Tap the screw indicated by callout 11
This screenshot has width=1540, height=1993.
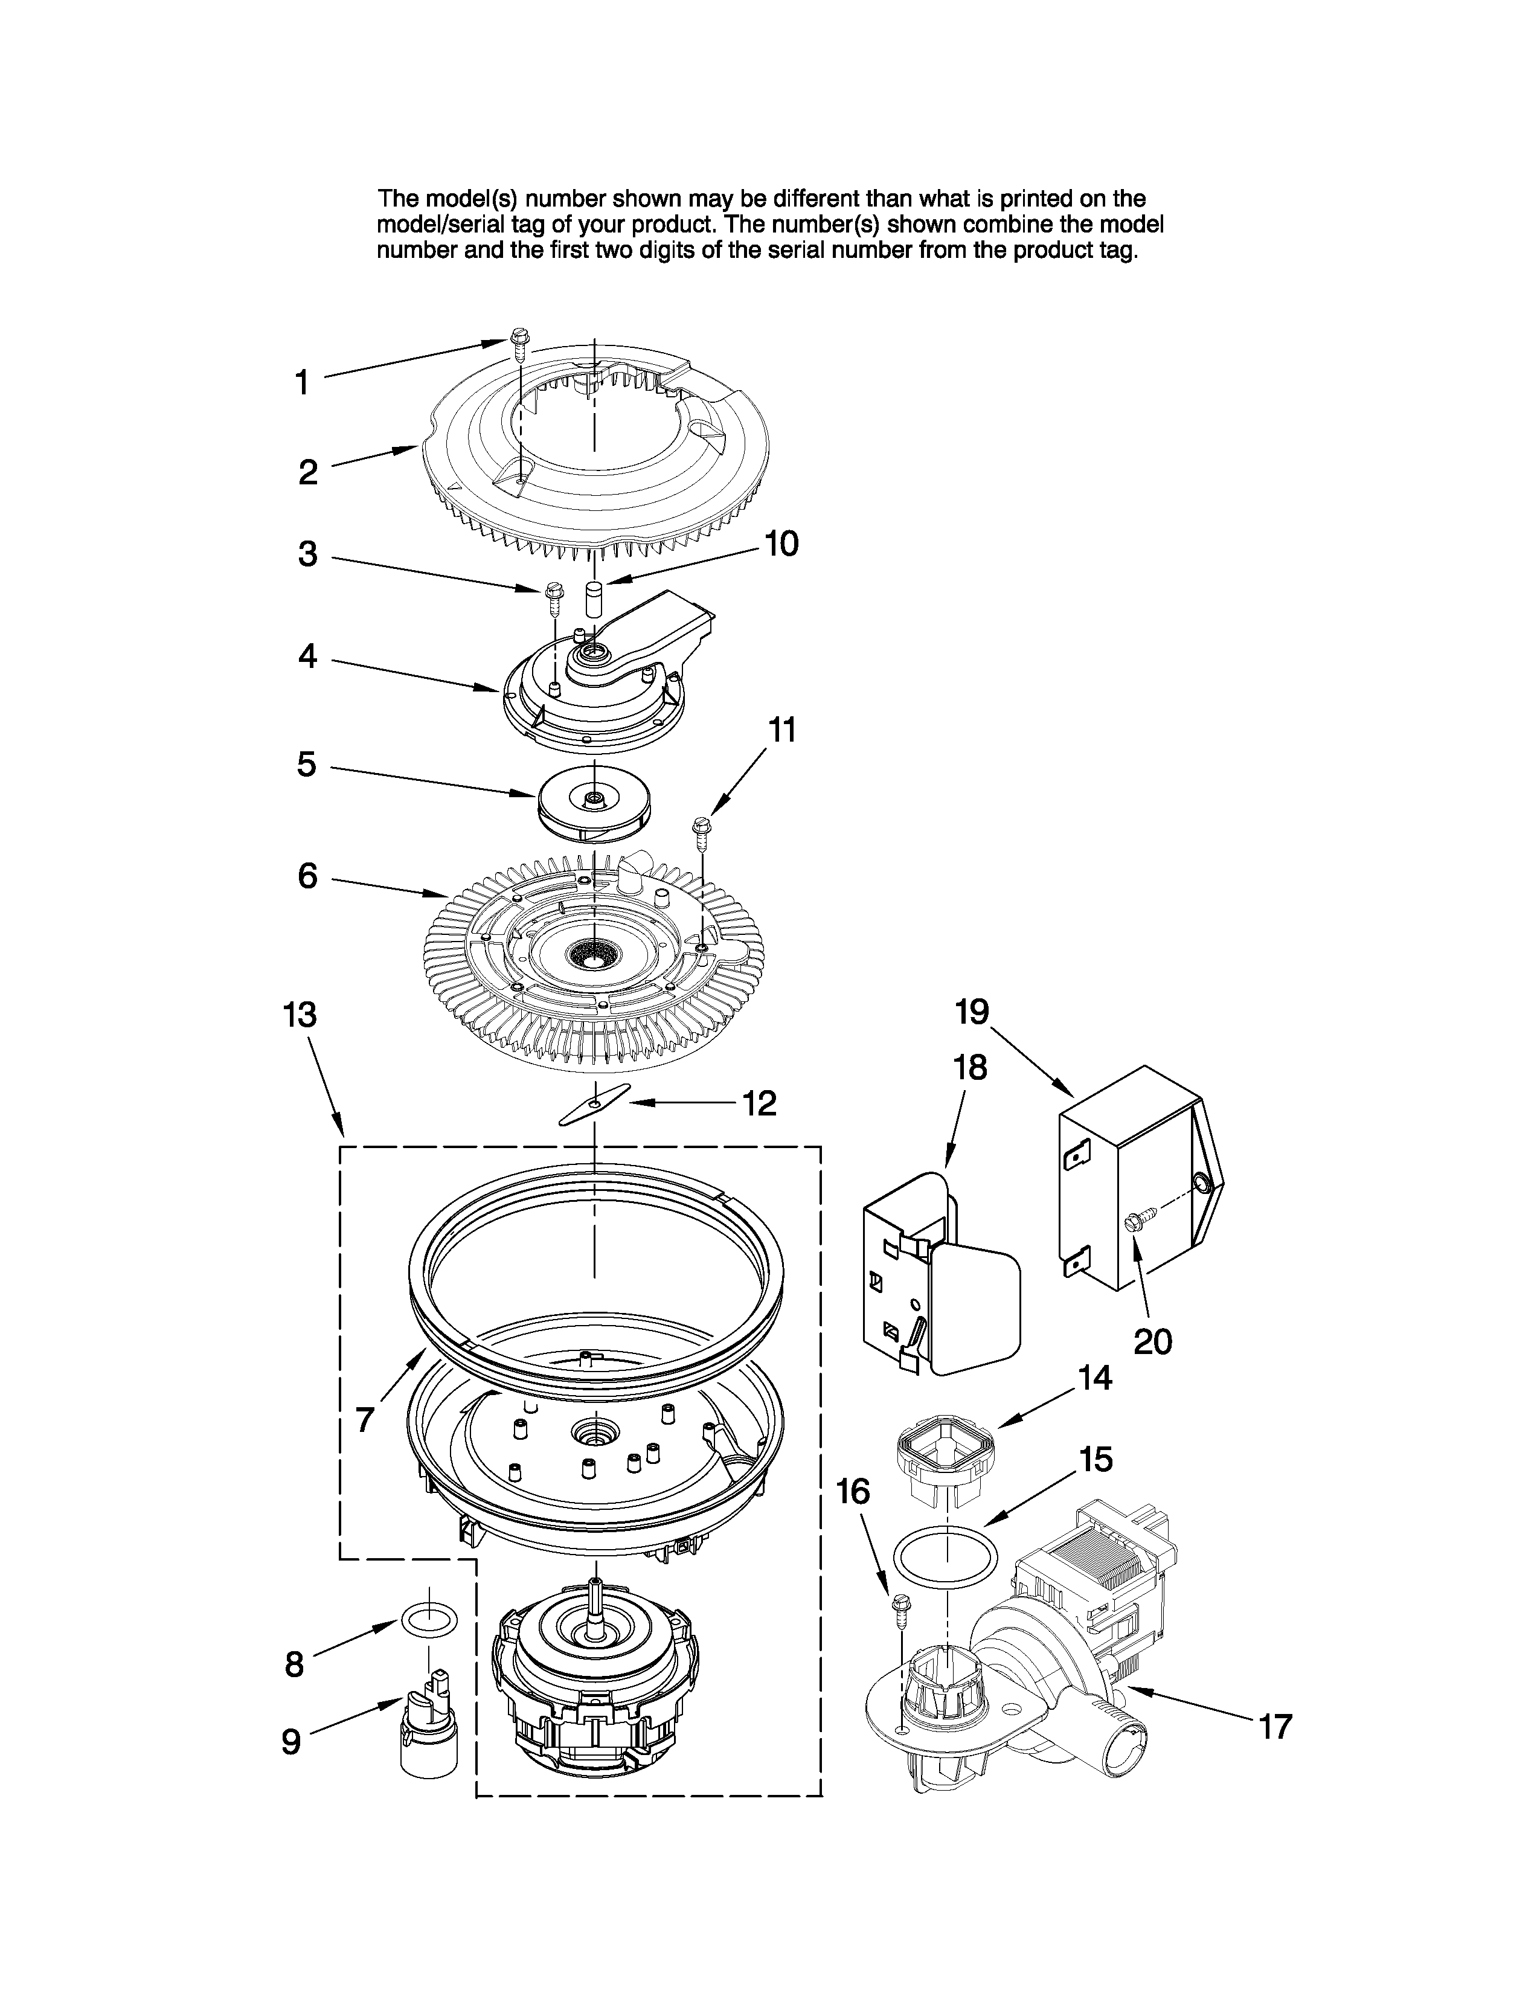click(x=702, y=829)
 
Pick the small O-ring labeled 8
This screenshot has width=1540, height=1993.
click(x=429, y=1622)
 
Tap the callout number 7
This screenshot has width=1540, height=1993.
click(x=364, y=1420)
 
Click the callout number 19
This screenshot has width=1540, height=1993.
click(x=972, y=1011)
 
